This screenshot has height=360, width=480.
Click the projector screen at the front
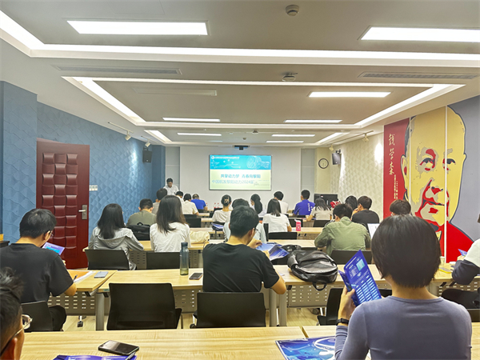(x=239, y=172)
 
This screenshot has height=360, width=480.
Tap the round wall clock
(x=323, y=163)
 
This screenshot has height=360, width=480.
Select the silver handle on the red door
(x=84, y=212)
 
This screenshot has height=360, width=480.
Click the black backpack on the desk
(x=312, y=266)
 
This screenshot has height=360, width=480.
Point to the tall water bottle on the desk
(x=184, y=258)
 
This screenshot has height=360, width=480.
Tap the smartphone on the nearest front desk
(x=118, y=347)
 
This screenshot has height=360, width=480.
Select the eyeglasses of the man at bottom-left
(x=25, y=322)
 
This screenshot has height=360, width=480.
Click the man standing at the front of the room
(x=170, y=188)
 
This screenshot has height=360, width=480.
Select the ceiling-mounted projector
(x=240, y=147)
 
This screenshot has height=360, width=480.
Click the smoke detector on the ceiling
(x=292, y=10)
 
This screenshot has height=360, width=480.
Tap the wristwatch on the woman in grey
(x=343, y=322)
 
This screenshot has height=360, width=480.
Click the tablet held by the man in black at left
(x=54, y=249)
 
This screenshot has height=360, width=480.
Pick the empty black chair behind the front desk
(x=144, y=305)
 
